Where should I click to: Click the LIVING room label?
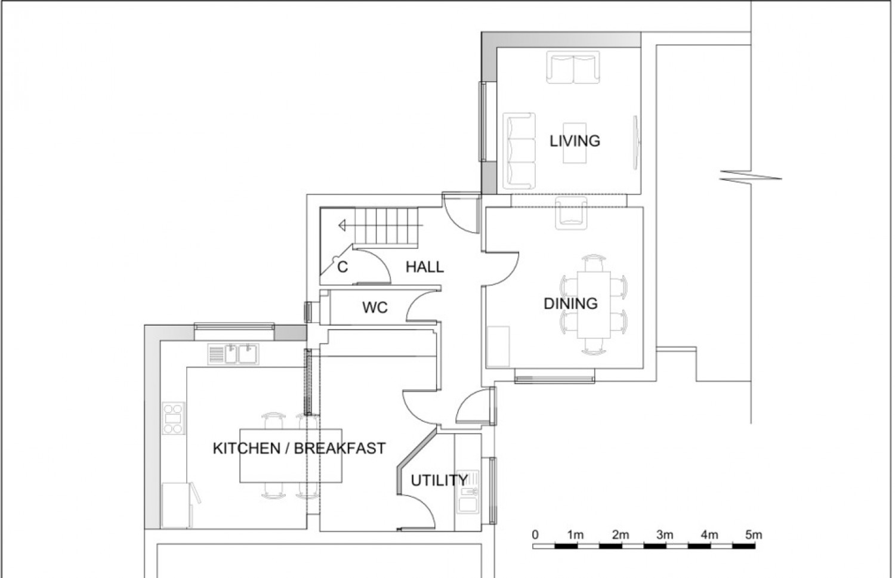(575, 141)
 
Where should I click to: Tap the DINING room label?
(570, 304)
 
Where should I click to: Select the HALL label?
(425, 267)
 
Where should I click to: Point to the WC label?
(375, 308)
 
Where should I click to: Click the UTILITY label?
(439, 480)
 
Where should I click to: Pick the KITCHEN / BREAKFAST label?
(299, 448)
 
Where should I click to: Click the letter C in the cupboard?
(342, 267)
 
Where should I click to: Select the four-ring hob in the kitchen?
(174, 419)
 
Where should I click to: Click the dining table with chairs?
(593, 305)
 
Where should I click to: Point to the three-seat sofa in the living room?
(520, 149)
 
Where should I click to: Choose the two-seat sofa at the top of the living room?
(573, 69)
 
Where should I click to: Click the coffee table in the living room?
(574, 143)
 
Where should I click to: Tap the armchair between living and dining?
(571, 215)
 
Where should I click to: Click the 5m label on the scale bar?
(754, 535)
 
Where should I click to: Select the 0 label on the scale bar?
(535, 535)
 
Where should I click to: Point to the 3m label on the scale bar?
(665, 535)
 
